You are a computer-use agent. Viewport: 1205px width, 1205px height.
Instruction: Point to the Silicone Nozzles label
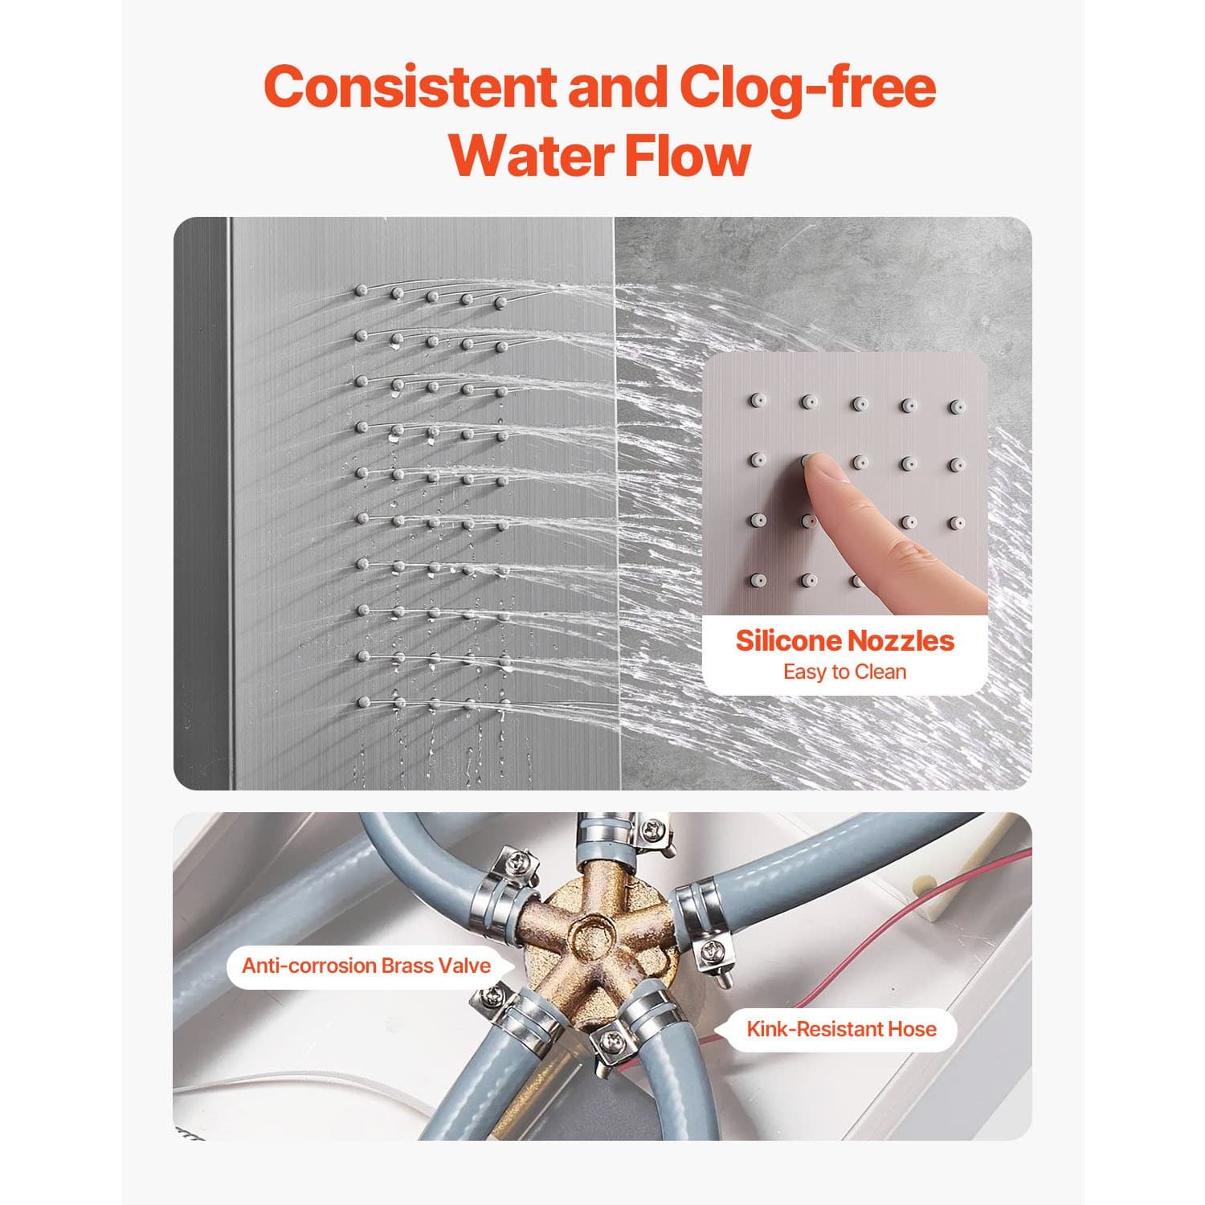click(x=845, y=640)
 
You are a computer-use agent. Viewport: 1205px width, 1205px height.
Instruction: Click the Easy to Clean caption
click(x=845, y=672)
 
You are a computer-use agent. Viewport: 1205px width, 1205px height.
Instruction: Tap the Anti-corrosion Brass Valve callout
click(x=366, y=965)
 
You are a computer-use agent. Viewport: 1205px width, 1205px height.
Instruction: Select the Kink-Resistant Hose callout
click(x=841, y=1029)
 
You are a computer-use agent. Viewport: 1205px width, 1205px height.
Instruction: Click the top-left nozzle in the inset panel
click(x=757, y=399)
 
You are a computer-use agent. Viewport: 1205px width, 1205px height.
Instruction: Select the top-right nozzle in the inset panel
click(x=956, y=406)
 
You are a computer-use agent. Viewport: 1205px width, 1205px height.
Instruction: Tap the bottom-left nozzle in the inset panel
click(x=757, y=579)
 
